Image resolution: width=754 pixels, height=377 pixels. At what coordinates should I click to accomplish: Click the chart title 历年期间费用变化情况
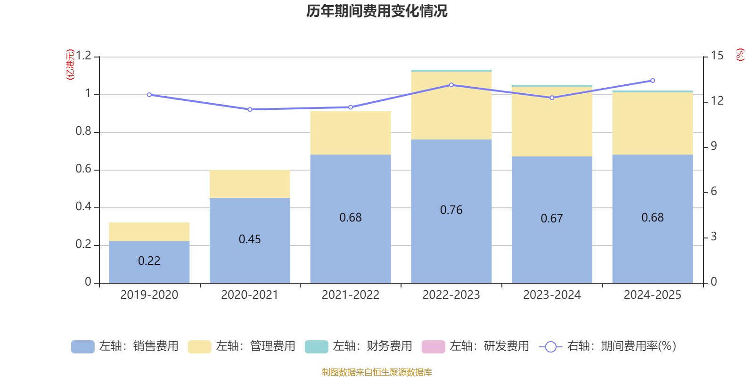pyautogui.click(x=377, y=11)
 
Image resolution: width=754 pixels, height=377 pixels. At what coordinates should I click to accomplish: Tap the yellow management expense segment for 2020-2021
pyautogui.click(x=250, y=184)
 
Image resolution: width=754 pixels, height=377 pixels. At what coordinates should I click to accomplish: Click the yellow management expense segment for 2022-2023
pyautogui.click(x=451, y=106)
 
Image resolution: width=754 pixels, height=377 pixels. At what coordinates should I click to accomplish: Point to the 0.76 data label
pyautogui.click(x=451, y=210)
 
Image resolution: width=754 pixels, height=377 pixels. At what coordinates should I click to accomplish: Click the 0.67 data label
pyautogui.click(x=551, y=218)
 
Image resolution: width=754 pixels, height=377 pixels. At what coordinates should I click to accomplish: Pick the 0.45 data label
pyautogui.click(x=250, y=239)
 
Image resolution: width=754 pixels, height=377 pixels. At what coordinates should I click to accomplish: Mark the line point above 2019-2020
pyautogui.click(x=149, y=95)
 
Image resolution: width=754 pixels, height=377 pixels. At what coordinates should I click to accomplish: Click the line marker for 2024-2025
pyautogui.click(x=653, y=81)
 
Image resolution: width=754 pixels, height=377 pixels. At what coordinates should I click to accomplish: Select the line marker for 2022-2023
pyautogui.click(x=451, y=85)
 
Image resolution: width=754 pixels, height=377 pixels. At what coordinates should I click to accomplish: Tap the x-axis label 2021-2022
pyautogui.click(x=350, y=295)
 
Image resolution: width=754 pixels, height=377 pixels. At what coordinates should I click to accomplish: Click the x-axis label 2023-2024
pyautogui.click(x=551, y=295)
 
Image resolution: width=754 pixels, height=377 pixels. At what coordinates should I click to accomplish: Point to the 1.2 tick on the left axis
pyautogui.click(x=83, y=56)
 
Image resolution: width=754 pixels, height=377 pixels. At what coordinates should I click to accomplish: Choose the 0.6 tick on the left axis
pyautogui.click(x=83, y=169)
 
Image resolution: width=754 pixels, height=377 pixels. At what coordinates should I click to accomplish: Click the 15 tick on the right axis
pyautogui.click(x=717, y=56)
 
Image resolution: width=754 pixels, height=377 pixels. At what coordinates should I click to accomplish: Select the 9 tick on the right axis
pyautogui.click(x=713, y=146)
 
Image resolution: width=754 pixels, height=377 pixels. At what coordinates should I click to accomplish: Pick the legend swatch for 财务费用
pyautogui.click(x=316, y=346)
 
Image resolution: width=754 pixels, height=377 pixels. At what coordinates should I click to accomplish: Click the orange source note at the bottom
pyautogui.click(x=377, y=372)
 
